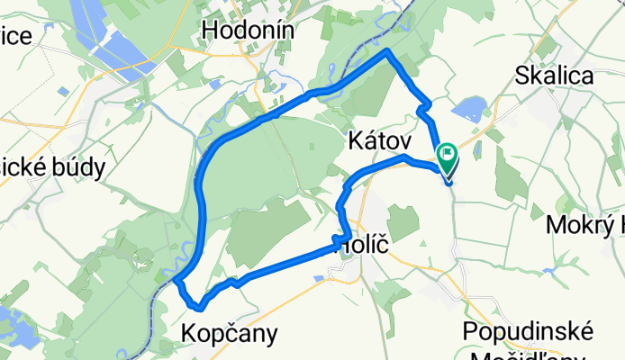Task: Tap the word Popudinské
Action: (x=526, y=330)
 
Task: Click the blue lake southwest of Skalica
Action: (x=467, y=111)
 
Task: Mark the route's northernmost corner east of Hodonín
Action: (x=388, y=51)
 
